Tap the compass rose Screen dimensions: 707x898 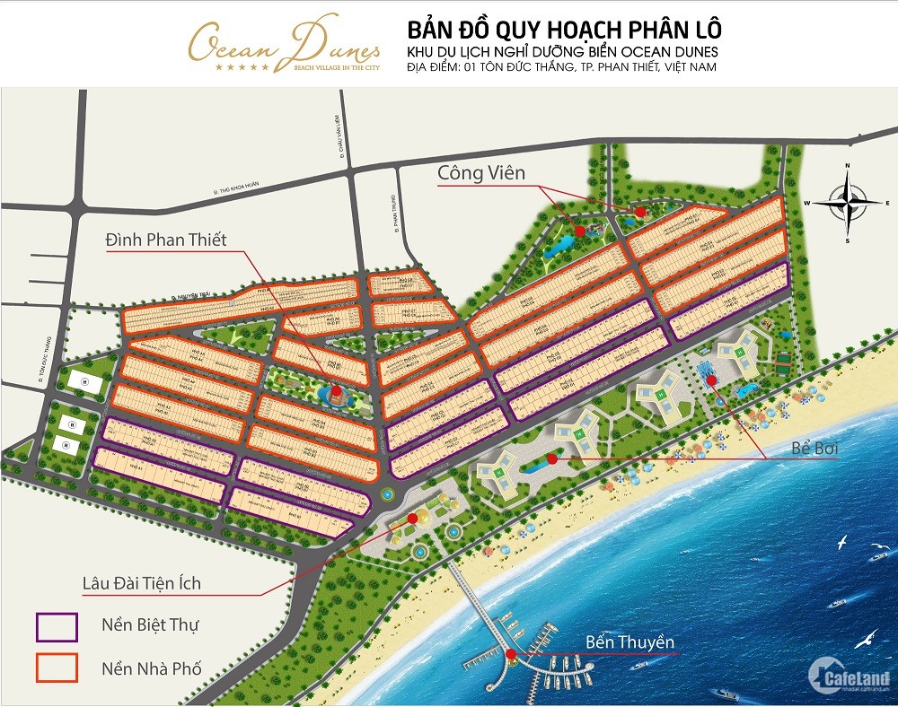[847, 202]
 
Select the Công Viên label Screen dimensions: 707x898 [480, 172]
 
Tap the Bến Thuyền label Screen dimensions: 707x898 [629, 642]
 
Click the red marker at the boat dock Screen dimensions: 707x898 [511, 654]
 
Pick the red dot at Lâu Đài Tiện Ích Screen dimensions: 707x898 [412, 518]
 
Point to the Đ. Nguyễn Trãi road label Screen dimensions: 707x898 [196, 297]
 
